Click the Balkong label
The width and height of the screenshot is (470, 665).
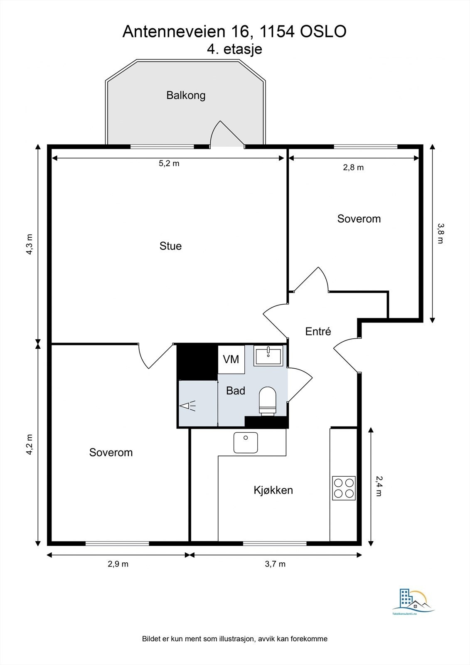click(x=186, y=95)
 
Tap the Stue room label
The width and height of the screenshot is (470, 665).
click(x=170, y=246)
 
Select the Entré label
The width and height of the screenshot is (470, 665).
click(x=318, y=331)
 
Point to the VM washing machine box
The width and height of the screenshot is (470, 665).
click(x=231, y=360)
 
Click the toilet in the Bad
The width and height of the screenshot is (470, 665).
click(x=268, y=401)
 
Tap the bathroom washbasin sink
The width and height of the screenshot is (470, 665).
click(x=268, y=355)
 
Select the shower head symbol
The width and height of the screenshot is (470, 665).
click(x=188, y=406)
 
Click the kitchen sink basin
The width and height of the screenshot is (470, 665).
click(x=246, y=442)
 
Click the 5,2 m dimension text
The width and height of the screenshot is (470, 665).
click(x=169, y=164)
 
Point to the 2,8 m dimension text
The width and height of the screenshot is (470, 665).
click(x=353, y=167)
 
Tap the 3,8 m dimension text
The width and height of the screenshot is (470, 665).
click(x=440, y=233)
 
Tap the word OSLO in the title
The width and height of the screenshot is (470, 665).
click(x=323, y=32)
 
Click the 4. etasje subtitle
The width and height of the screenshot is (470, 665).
click(x=234, y=49)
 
